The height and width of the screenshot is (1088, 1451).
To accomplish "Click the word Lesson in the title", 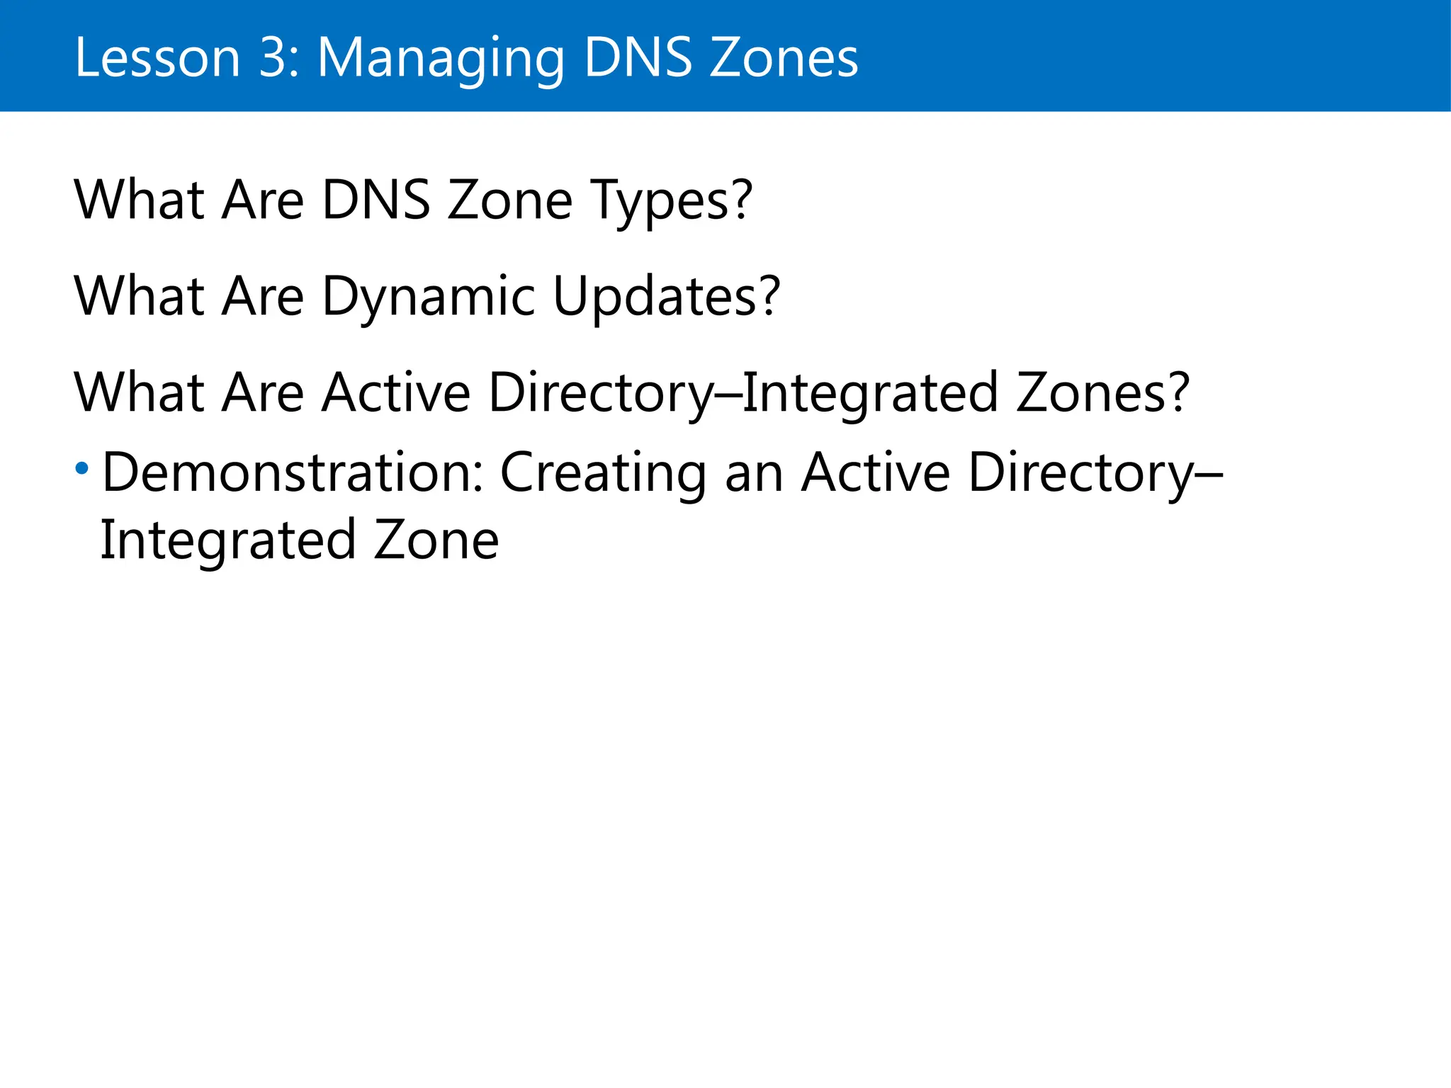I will (x=157, y=57).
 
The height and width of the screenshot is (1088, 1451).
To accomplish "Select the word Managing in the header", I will (x=440, y=59).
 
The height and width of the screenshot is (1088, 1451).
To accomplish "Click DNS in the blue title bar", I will (x=638, y=57).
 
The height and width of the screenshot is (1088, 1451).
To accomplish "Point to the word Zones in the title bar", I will (x=784, y=57).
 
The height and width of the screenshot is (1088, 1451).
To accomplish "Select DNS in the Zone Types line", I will (x=376, y=200).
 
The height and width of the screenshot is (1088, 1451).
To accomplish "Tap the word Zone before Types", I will (x=509, y=200).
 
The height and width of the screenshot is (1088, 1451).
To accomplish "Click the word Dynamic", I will (x=428, y=297).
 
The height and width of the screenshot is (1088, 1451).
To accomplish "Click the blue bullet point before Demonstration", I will (x=82, y=468).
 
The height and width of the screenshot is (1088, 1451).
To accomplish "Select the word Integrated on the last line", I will (x=227, y=541).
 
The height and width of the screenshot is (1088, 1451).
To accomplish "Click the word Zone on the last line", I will (x=436, y=540).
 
